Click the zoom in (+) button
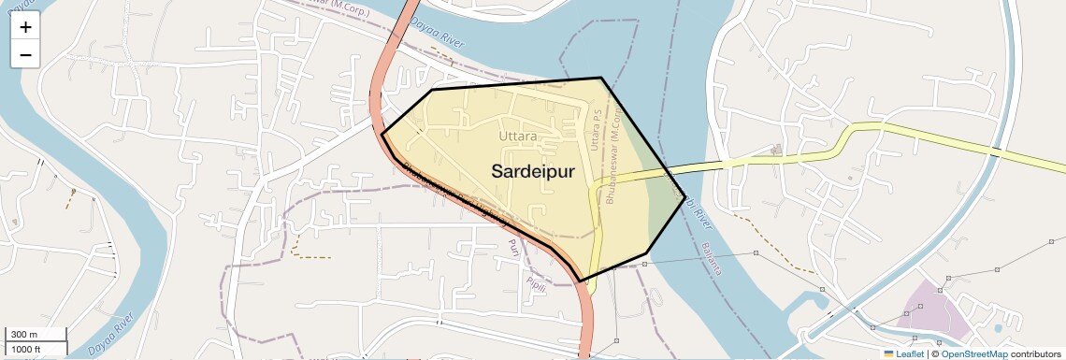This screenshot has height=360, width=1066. click(25, 27)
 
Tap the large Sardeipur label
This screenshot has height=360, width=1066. click(532, 170)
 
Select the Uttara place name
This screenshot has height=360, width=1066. click(518, 137)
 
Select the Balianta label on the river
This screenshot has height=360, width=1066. click(712, 257)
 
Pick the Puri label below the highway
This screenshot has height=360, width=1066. click(511, 248)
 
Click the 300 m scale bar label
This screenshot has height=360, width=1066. click(25, 335)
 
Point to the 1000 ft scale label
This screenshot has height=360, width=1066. click(25, 349)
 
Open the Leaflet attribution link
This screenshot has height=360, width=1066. click(903, 354)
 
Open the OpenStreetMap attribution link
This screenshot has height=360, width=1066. click(973, 354)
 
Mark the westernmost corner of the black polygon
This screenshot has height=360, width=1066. click(382, 135)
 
